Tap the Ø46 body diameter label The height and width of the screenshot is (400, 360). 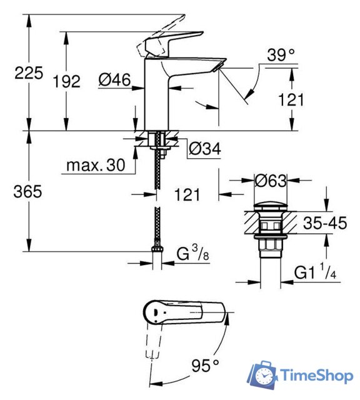pyautogui.click(x=114, y=79)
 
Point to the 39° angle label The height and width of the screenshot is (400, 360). pyautogui.click(x=279, y=56)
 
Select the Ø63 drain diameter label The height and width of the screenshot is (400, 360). pyautogui.click(x=270, y=181)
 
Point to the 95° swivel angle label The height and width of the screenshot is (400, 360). pyautogui.click(x=206, y=364)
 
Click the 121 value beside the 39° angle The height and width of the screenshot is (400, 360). pyautogui.click(x=291, y=99)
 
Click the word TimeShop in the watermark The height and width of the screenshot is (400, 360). pyautogui.click(x=317, y=376)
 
